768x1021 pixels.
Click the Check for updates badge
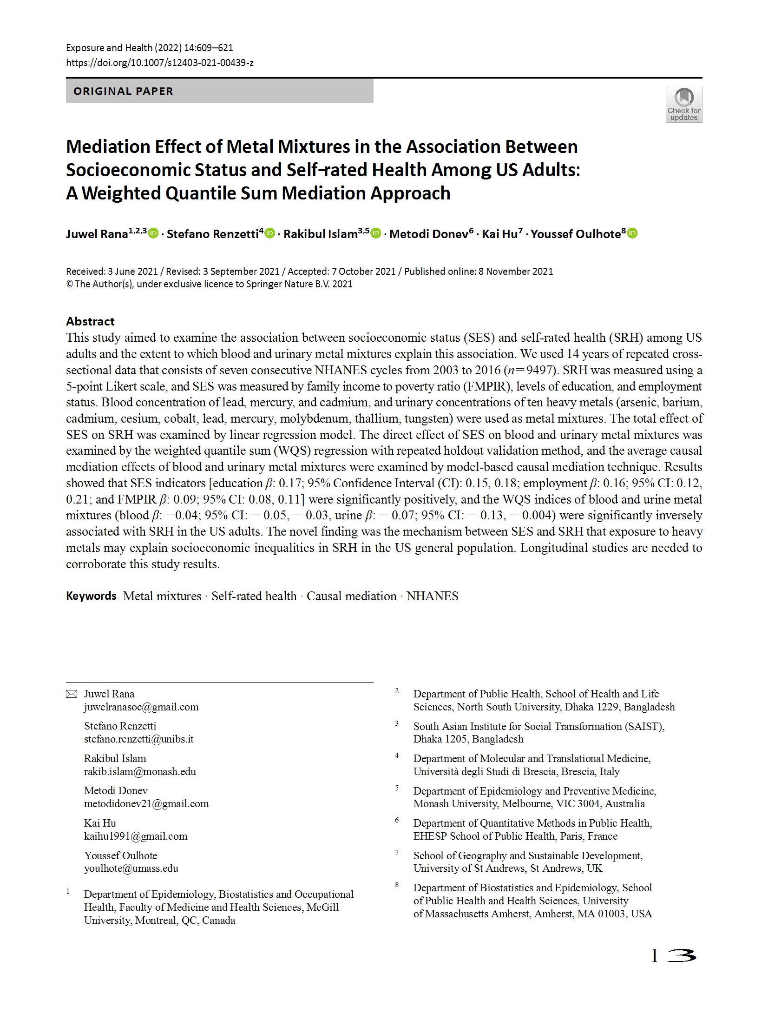[x=683, y=104]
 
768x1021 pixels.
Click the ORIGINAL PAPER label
[x=123, y=91]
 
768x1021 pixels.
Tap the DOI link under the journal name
[x=160, y=62]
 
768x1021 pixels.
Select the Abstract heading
[x=90, y=321]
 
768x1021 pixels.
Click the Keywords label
[x=91, y=596]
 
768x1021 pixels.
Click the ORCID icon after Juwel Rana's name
[x=153, y=233]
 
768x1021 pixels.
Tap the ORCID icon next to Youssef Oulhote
[x=632, y=233]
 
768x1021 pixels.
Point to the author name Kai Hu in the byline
[x=499, y=234]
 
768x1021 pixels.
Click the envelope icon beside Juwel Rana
[x=71, y=694]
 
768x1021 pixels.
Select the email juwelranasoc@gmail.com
[x=141, y=707]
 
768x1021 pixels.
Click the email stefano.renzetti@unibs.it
[x=139, y=739]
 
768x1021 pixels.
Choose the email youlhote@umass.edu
[x=131, y=868]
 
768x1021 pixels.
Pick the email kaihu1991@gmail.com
[x=136, y=836]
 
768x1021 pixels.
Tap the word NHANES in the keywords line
[x=432, y=596]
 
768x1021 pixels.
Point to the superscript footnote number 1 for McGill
[x=68, y=891]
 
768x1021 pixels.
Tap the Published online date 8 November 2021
[x=516, y=272]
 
